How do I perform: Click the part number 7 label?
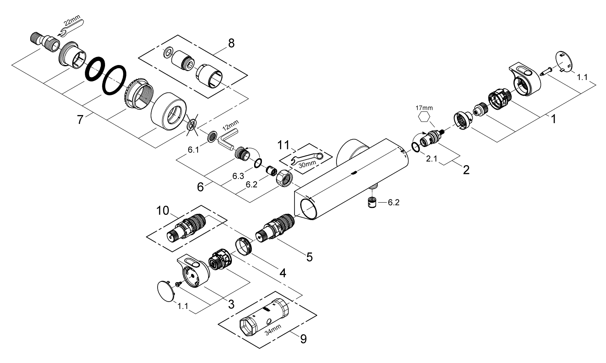pyautogui.click(x=80, y=120)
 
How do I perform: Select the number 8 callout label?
pyautogui.click(x=231, y=44)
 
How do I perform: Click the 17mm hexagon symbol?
pyautogui.click(x=424, y=117)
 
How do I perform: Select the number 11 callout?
pyautogui.click(x=284, y=145)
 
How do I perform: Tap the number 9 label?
pyautogui.click(x=303, y=338)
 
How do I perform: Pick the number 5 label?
pyautogui.click(x=309, y=257)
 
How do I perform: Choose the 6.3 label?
pyautogui.click(x=238, y=176)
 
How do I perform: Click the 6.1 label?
pyautogui.click(x=193, y=150)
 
